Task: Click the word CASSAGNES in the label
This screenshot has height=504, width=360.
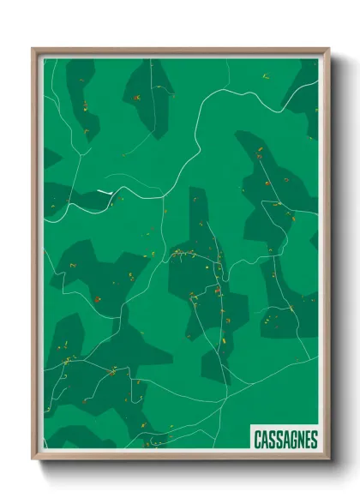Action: pyautogui.click(x=285, y=440)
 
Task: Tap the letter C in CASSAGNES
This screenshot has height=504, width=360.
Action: pyautogui.click(x=258, y=440)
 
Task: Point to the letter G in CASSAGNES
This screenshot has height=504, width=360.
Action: pyautogui.click(x=290, y=440)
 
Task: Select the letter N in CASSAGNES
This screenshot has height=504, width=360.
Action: pyautogui.click(x=297, y=440)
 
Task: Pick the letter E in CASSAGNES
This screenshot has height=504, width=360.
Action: pyautogui.click(x=305, y=440)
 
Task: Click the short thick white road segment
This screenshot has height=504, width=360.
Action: pyautogui.click(x=105, y=191)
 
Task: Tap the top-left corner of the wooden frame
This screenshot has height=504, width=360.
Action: pyautogui.click(x=33, y=49)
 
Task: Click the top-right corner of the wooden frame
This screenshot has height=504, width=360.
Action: pyautogui.click(x=328, y=49)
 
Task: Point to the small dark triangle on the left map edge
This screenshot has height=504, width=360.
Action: pyautogui.click(x=51, y=159)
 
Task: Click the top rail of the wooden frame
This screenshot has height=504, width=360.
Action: pyautogui.click(x=180, y=51)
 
